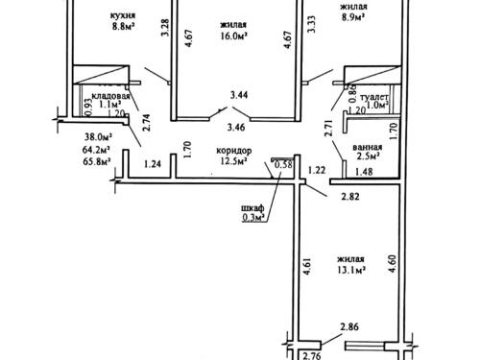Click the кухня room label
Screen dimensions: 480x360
point(123,15)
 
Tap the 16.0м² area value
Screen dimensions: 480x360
point(234,36)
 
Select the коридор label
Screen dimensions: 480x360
point(234,150)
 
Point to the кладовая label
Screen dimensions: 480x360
point(110,96)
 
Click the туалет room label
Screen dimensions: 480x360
point(374,97)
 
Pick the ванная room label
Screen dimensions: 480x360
point(367,147)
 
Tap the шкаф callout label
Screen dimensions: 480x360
point(252,208)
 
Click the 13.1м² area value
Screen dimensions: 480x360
point(350,271)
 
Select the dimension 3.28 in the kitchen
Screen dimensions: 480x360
point(165,28)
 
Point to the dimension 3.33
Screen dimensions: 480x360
point(311,24)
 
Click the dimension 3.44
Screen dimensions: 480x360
point(239,95)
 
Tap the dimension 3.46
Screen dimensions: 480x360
point(236,127)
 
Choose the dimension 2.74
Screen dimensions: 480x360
point(147,122)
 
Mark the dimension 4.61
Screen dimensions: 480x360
point(307,266)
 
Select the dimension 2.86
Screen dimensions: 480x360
point(349,327)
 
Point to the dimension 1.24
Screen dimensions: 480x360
point(153,164)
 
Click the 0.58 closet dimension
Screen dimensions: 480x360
point(284,165)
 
